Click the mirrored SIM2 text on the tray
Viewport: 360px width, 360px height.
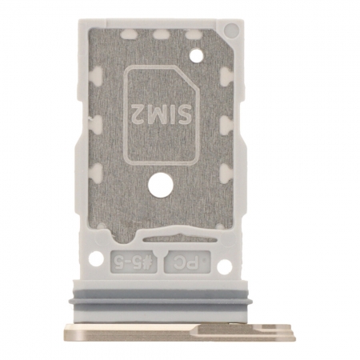(x=162, y=111)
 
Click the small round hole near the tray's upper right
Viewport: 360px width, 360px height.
(x=194, y=55)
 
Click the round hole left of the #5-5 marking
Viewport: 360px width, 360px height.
(x=96, y=258)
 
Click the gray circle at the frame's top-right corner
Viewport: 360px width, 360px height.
(x=231, y=29)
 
